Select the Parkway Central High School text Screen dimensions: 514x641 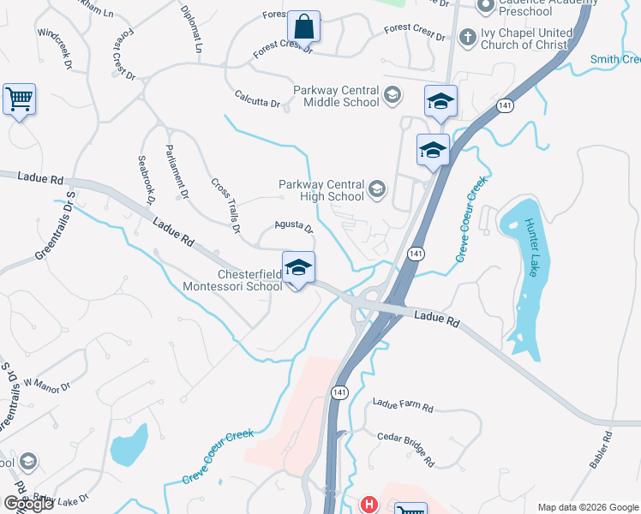click(x=321, y=190)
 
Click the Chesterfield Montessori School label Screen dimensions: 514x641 click(x=249, y=280)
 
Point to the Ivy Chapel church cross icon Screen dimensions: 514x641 click(x=467, y=37)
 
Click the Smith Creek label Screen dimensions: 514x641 click(x=615, y=60)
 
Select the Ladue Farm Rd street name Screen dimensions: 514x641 click(x=404, y=404)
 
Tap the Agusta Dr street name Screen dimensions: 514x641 click(x=294, y=226)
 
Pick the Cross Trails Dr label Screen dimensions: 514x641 click(x=225, y=206)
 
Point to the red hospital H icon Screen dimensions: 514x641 click(x=368, y=505)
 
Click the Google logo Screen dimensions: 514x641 click(x=28, y=504)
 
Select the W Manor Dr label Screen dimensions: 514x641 click(x=47, y=385)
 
